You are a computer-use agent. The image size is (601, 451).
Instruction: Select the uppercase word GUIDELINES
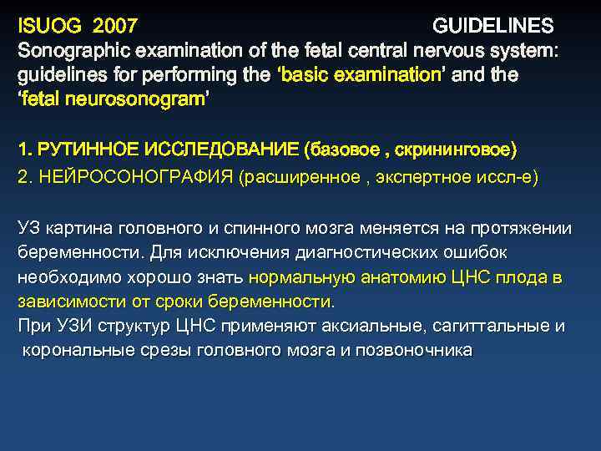pyautogui.click(x=492, y=25)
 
